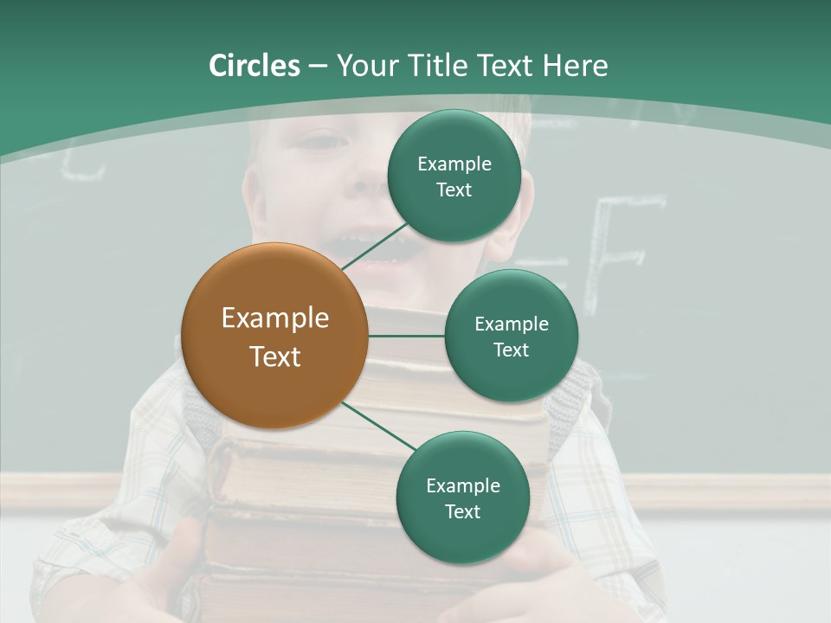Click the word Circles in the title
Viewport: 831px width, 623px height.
click(254, 66)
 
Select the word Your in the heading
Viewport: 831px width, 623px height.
click(367, 66)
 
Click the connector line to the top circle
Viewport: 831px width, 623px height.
click(377, 245)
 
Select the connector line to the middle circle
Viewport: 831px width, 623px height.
click(406, 336)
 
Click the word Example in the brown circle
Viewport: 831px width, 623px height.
click(274, 318)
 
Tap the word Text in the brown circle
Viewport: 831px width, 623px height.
click(274, 356)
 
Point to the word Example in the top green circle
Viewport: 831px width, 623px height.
click(454, 164)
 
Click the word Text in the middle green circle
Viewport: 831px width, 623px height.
click(511, 350)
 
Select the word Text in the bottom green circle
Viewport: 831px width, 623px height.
click(462, 511)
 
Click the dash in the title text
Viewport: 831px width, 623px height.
click(318, 67)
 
